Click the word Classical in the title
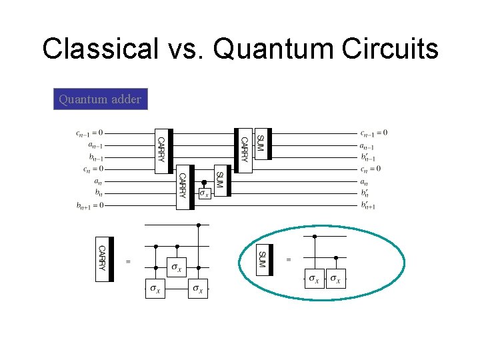pyautogui.click(x=100, y=49)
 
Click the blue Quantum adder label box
pyautogui.click(x=100, y=99)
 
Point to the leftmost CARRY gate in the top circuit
pyautogui.click(x=161, y=151)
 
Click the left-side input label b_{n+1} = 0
pyautogui.click(x=89, y=205)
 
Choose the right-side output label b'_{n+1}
pyautogui.click(x=368, y=205)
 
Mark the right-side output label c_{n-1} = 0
pyautogui.click(x=373, y=133)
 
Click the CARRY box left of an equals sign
pyautogui.click(x=103, y=259)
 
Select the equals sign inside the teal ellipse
pyautogui.click(x=289, y=259)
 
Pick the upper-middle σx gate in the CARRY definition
pyautogui.click(x=176, y=268)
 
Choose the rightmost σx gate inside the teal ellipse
pyautogui.click(x=337, y=279)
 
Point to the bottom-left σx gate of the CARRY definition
pyautogui.click(x=155, y=289)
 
